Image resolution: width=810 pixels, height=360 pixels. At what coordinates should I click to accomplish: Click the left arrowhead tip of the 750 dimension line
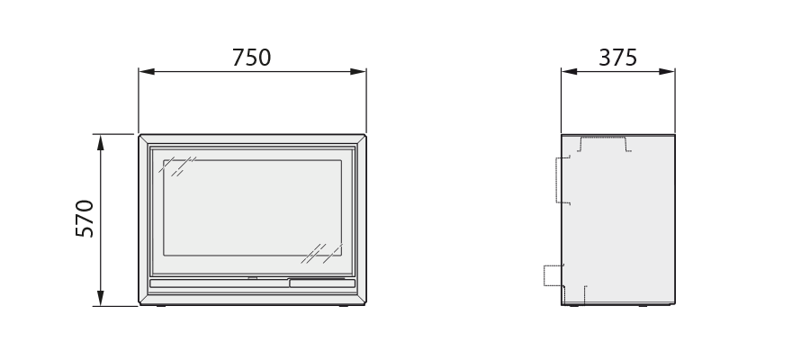139,71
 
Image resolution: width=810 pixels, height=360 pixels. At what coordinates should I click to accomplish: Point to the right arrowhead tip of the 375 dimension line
675,71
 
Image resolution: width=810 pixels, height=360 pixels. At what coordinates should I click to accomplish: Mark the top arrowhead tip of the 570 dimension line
100,135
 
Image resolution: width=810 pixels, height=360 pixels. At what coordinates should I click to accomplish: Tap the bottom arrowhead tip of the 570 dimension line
100,306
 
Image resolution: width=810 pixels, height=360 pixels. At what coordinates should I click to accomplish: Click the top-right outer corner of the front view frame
365,135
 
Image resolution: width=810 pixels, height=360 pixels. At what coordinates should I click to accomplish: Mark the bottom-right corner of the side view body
675,304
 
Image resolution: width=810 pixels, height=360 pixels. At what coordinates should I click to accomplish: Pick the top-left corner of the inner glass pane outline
164,160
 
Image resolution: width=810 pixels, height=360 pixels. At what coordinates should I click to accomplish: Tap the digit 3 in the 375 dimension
604,58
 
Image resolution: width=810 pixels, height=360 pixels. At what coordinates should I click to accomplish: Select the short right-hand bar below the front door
322,283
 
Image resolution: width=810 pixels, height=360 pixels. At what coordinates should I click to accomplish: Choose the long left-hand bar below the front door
220,283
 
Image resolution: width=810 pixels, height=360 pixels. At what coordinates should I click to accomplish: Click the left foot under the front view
161,306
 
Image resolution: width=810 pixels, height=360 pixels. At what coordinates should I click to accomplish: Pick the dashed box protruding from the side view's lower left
553,275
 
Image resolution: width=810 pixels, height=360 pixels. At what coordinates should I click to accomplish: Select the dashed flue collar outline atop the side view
604,144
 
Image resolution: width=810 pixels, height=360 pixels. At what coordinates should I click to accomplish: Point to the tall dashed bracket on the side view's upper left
563,180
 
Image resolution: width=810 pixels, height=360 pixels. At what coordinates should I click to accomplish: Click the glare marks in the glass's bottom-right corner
322,254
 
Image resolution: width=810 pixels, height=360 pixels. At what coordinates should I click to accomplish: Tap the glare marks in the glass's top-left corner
177,166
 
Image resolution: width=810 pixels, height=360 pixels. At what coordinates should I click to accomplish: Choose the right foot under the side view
643,306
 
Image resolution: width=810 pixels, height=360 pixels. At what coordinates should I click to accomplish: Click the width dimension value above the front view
252,58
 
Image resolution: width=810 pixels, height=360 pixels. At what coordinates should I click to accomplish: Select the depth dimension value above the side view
617,58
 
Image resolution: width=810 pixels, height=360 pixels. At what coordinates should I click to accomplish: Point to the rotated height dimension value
85,219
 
